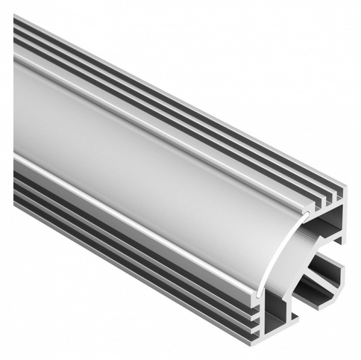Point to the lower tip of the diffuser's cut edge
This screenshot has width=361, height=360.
[x=259, y=294]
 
